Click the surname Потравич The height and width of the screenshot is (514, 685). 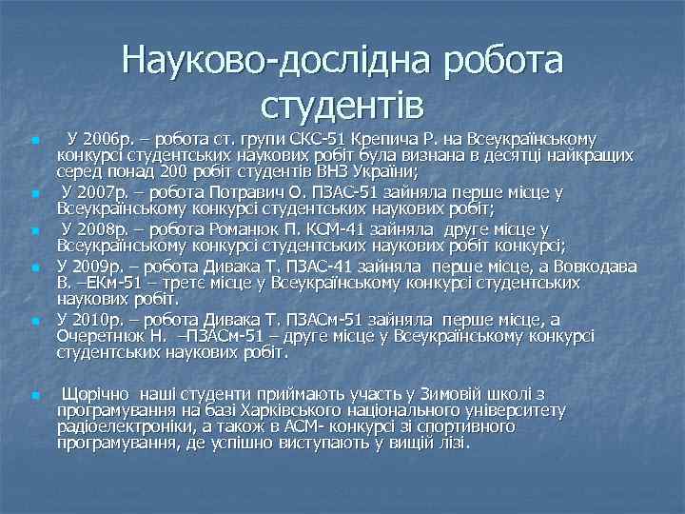252,190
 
